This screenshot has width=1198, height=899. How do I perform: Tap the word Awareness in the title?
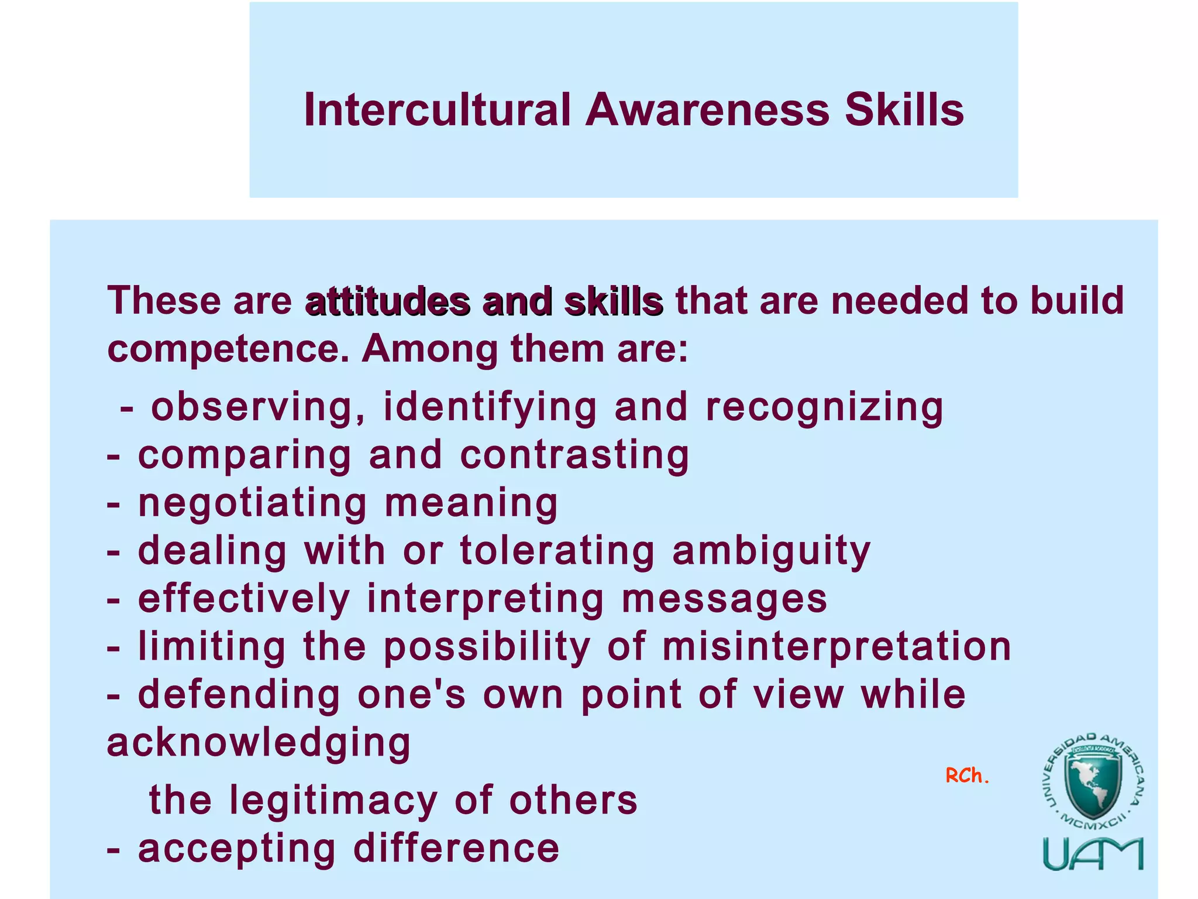tap(707, 110)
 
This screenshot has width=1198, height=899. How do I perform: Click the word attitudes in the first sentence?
tap(388, 303)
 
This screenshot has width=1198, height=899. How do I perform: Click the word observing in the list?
tap(252, 407)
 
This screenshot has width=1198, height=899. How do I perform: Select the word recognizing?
tap(824, 407)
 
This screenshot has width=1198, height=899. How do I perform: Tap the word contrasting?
tap(574, 455)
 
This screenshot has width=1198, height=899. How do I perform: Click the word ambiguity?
tap(772, 551)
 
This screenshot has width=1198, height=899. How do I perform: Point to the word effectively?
tap(244, 599)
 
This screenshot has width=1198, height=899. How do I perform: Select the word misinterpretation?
tap(836, 647)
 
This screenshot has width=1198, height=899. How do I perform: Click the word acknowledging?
tap(259, 743)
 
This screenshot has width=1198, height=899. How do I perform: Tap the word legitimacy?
tap(333, 800)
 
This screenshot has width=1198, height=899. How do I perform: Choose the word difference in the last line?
tap(456, 848)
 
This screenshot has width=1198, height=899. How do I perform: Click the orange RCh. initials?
tap(967, 776)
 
